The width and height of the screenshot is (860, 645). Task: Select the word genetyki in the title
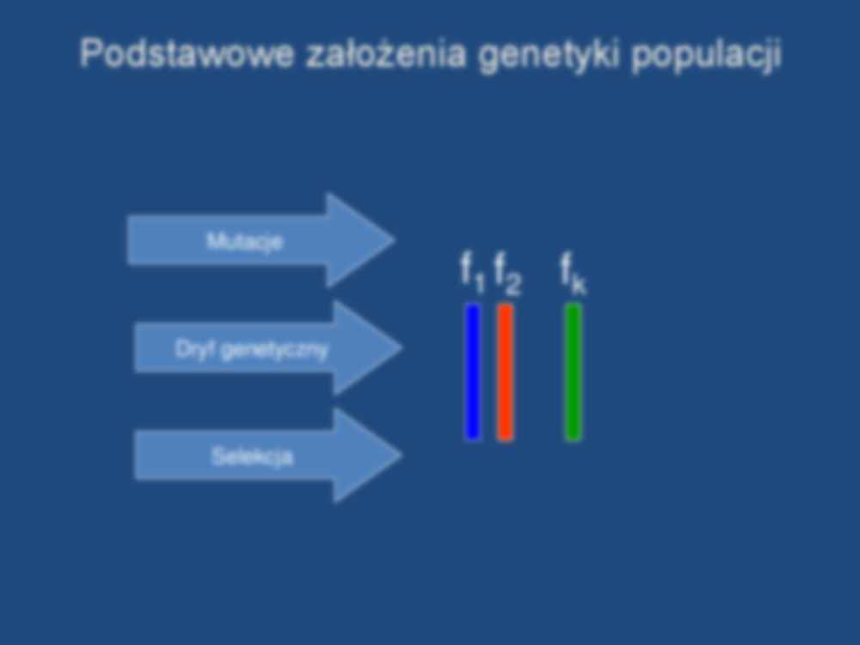click(549, 56)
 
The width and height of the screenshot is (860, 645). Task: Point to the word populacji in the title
click(706, 56)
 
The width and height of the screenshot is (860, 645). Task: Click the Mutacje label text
click(244, 242)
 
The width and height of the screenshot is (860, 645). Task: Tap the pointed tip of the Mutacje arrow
click(395, 240)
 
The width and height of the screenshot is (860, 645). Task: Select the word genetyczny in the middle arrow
click(274, 351)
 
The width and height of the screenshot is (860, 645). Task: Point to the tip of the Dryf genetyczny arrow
click(402, 347)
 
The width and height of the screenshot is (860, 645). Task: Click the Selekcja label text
click(252, 457)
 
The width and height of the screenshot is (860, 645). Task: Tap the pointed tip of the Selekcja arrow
click(402, 455)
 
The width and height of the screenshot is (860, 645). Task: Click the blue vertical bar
click(473, 372)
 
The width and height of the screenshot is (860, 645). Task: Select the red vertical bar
click(505, 372)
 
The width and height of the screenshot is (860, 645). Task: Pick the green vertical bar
click(573, 372)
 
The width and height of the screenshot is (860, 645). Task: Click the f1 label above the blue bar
click(472, 273)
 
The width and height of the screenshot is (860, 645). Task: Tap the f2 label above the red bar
click(508, 273)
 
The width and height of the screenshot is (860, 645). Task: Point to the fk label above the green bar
click(573, 273)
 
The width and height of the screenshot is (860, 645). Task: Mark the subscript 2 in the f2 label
click(513, 284)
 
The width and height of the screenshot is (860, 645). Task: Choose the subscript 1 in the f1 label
click(480, 284)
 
